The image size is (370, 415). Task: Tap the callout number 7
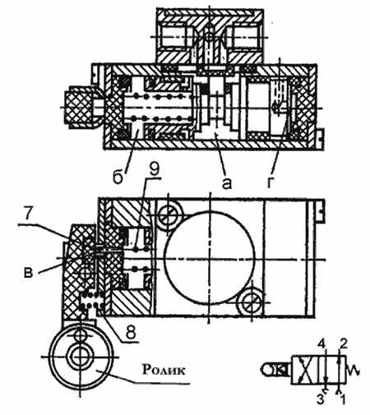click(28, 214)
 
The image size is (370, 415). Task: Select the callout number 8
click(131, 333)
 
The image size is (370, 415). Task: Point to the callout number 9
click(154, 170)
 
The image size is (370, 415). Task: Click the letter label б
click(118, 177)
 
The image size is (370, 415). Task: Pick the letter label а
click(226, 183)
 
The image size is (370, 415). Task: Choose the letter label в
click(28, 273)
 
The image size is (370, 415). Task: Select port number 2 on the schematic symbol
click(344, 344)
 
